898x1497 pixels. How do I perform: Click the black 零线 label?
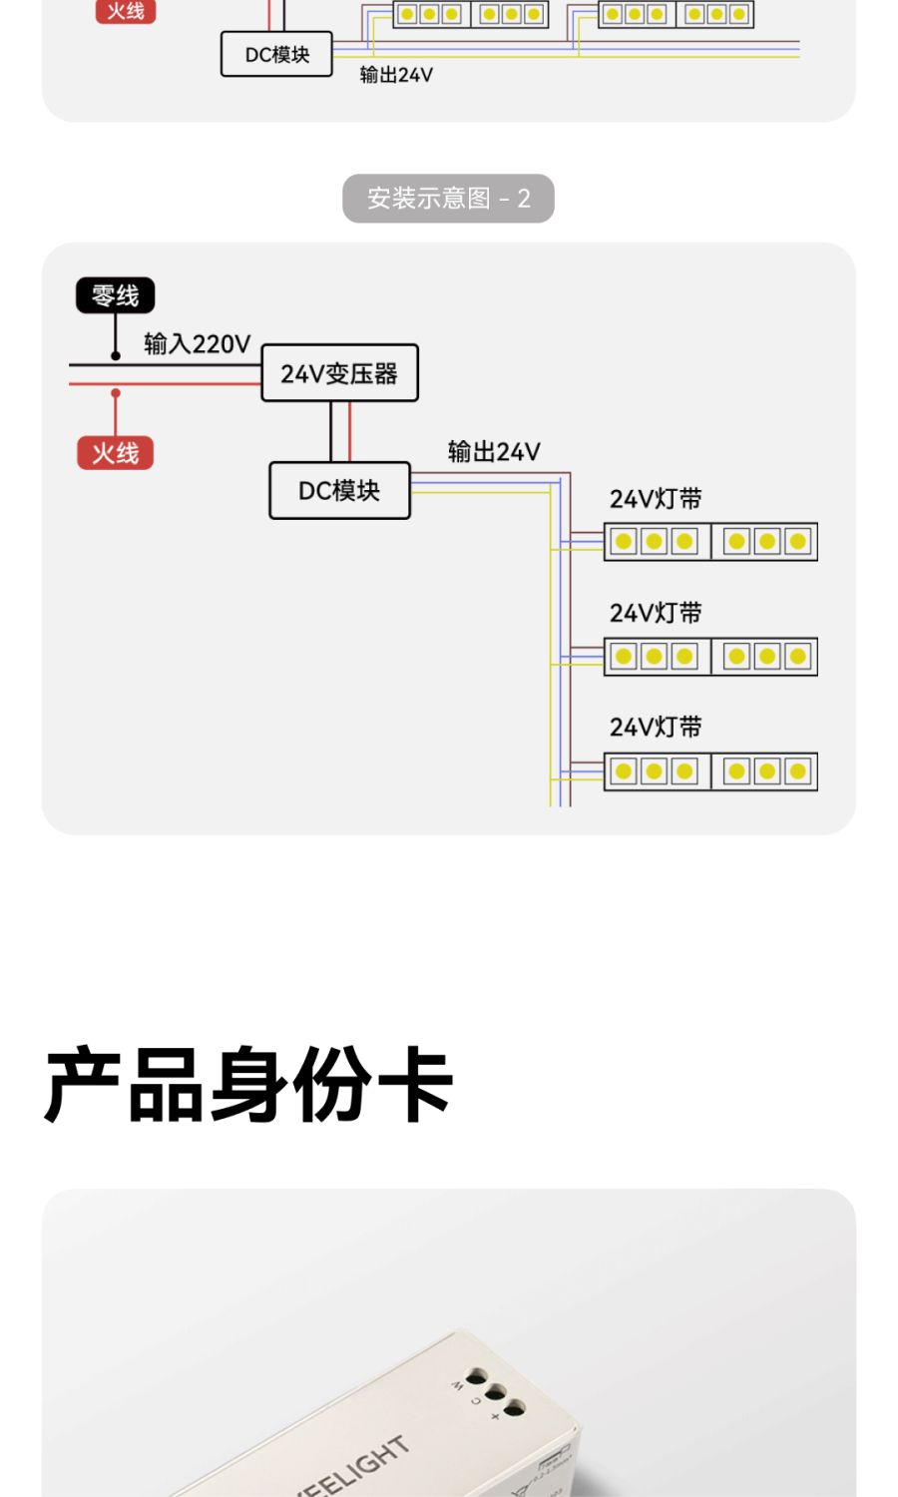[x=115, y=295]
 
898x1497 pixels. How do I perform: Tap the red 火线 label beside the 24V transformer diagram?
[x=115, y=453]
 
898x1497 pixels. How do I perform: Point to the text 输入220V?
[x=197, y=344]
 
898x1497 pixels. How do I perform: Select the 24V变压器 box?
[x=339, y=373]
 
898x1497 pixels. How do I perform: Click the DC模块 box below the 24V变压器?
[x=339, y=490]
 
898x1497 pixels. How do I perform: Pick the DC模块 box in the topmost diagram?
[x=276, y=54]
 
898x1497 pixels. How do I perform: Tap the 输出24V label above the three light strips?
[x=494, y=452]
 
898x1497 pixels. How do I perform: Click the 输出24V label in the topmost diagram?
[x=396, y=75]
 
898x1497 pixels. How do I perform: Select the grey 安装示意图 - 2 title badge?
[x=448, y=199]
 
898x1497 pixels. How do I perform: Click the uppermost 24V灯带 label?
[x=656, y=498]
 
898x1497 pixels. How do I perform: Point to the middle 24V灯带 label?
[x=656, y=613]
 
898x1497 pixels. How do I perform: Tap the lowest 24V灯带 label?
[x=656, y=727]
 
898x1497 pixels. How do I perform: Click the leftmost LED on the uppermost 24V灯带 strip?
[x=624, y=542]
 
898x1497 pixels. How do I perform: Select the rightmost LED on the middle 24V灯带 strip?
[x=797, y=657]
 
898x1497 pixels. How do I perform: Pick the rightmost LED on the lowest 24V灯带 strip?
[x=797, y=771]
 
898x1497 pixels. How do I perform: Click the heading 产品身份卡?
[x=248, y=1085]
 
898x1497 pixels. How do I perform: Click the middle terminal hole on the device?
[x=496, y=1393]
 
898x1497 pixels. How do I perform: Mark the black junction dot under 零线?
[x=116, y=355]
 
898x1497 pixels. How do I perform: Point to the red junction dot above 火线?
[x=116, y=393]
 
